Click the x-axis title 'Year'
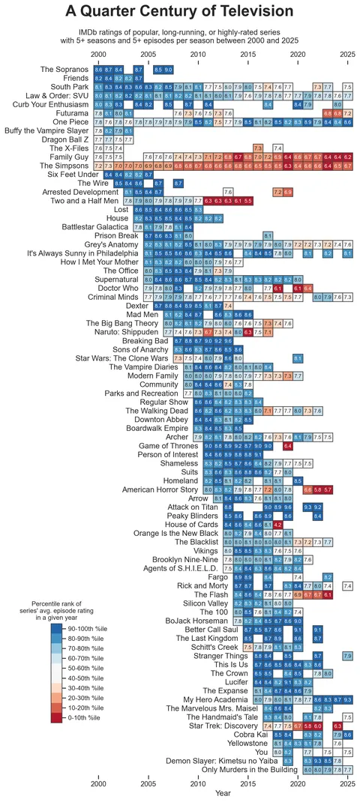click(x=223, y=792)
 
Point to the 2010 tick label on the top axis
click(x=198, y=55)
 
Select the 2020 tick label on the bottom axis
click(x=298, y=783)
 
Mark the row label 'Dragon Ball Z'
click(x=66, y=139)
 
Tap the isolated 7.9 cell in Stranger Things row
click(x=347, y=657)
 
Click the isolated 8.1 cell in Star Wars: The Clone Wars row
click(x=298, y=358)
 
